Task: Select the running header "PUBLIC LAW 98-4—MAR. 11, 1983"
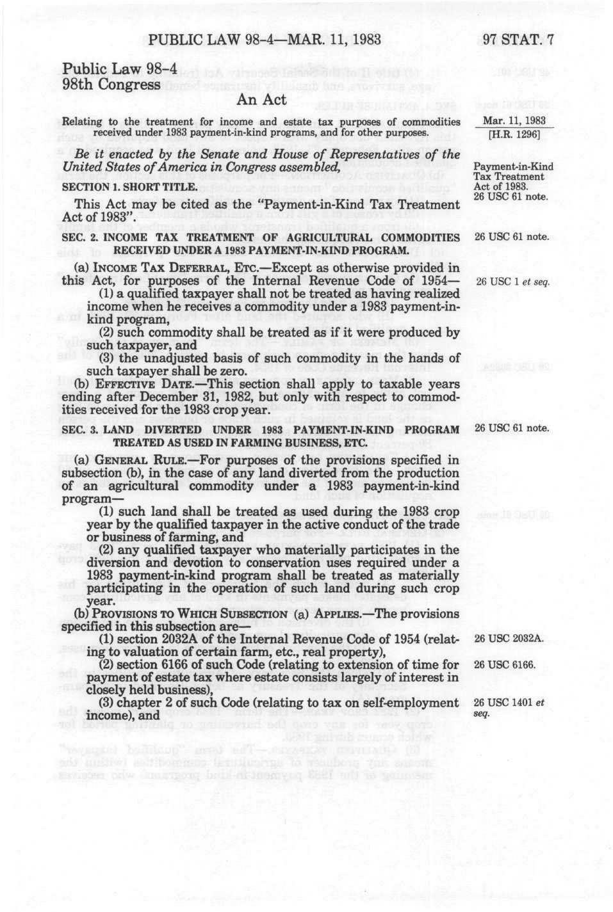point(265,40)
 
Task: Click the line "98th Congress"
point(111,84)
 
